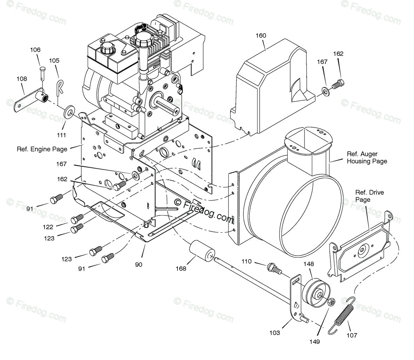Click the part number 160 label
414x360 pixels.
point(261,35)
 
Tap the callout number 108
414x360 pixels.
point(22,79)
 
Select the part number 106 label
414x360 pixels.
point(35,50)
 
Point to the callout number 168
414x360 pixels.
point(181,269)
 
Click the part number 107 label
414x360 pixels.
point(352,335)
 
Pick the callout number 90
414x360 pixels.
point(139,265)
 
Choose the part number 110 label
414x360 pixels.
point(247,261)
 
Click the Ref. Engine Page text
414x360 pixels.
point(42,149)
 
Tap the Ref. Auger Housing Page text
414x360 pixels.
point(367,158)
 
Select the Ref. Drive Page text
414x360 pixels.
point(369,196)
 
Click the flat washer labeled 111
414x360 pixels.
point(69,113)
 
